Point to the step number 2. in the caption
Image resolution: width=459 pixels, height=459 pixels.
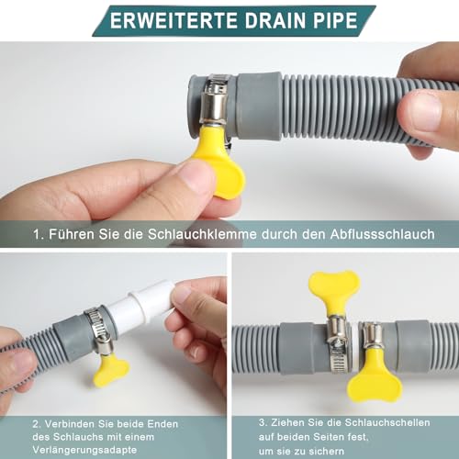click(x=35, y=423)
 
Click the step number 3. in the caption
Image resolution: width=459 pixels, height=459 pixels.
click(x=263, y=423)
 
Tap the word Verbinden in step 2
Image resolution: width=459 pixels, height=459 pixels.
click(x=73, y=423)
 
